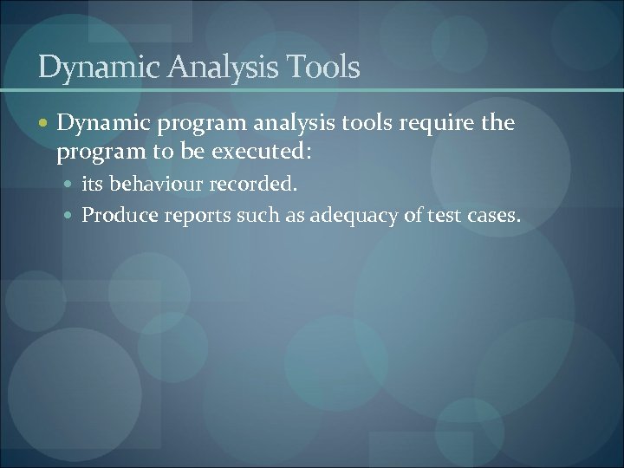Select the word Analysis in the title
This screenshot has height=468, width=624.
click(217, 68)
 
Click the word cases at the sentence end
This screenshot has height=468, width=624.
click(492, 215)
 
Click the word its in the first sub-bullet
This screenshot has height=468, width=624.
click(93, 185)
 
